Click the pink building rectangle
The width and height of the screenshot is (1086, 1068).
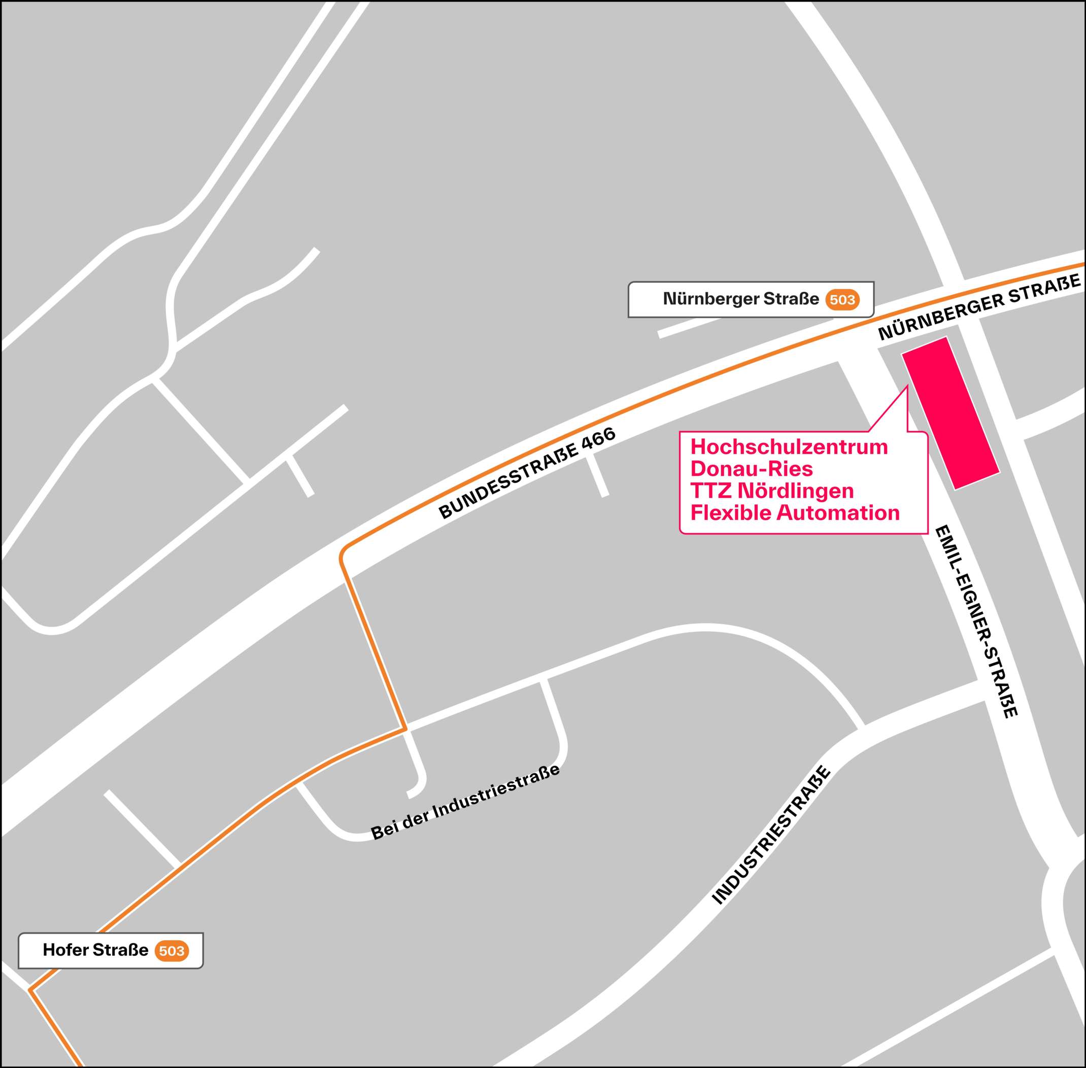click(x=950, y=413)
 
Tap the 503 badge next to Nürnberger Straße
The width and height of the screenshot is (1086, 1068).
click(x=842, y=300)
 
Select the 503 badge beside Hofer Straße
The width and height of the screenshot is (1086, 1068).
click(x=172, y=950)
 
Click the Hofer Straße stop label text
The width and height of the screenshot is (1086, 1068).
click(x=95, y=950)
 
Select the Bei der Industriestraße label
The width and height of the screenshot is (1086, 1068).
click(x=465, y=803)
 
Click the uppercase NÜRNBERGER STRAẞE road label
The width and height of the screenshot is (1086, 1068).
click(x=979, y=307)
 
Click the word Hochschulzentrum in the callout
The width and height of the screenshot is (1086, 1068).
click(x=789, y=447)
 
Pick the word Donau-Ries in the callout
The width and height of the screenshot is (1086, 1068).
click(x=751, y=469)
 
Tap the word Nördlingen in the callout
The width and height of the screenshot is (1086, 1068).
click(x=795, y=491)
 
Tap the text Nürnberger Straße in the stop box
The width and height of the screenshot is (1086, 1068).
click(x=740, y=299)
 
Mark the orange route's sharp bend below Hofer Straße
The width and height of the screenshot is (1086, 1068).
click(x=31, y=990)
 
